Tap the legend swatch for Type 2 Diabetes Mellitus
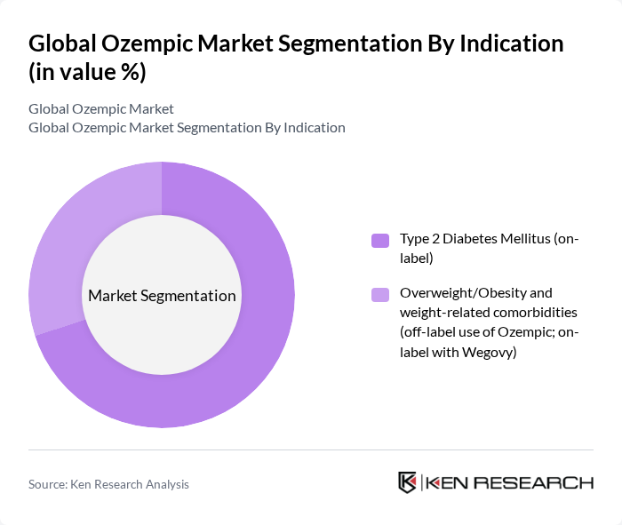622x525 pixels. (x=379, y=240)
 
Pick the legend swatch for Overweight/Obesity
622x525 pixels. (x=379, y=293)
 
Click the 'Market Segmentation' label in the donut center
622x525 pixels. (x=162, y=296)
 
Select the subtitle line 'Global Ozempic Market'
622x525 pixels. (x=101, y=109)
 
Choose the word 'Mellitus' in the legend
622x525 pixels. (x=525, y=240)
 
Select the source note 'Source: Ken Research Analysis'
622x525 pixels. (x=108, y=484)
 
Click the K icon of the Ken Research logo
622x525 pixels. (x=408, y=482)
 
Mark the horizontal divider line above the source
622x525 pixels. (x=311, y=449)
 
